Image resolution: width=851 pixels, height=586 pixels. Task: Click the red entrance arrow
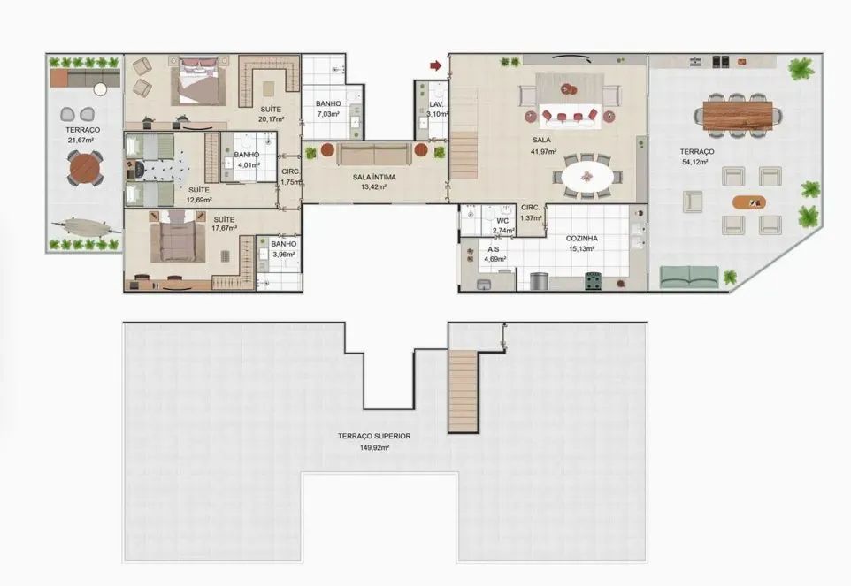pyautogui.click(x=436, y=65)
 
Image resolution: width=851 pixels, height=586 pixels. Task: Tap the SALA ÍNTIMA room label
pyautogui.click(x=374, y=178)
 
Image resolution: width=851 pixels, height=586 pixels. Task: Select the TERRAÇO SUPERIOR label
pyautogui.click(x=374, y=436)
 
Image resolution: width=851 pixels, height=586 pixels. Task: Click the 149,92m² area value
pyautogui.click(x=374, y=448)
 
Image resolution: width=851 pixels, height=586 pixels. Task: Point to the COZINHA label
pyautogui.click(x=582, y=239)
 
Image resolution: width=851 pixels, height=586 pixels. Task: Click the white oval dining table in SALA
pyautogui.click(x=587, y=177)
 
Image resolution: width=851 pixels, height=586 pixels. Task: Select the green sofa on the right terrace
pyautogui.click(x=689, y=277)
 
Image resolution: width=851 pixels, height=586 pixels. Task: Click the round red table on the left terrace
pyautogui.click(x=85, y=169)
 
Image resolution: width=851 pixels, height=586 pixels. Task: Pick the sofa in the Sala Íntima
pyautogui.click(x=374, y=154)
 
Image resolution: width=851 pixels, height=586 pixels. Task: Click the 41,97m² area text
pyautogui.click(x=543, y=152)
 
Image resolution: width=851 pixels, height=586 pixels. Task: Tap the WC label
pyautogui.click(x=502, y=221)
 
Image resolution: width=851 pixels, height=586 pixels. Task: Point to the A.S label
pyautogui.click(x=494, y=249)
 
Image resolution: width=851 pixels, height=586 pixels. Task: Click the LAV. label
pyautogui.click(x=436, y=104)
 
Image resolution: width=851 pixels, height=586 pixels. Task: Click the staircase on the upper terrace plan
pyautogui.click(x=463, y=391)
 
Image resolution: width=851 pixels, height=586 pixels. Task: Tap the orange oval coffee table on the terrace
pyautogui.click(x=749, y=202)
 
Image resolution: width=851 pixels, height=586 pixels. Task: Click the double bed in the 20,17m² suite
pyautogui.click(x=197, y=82)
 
